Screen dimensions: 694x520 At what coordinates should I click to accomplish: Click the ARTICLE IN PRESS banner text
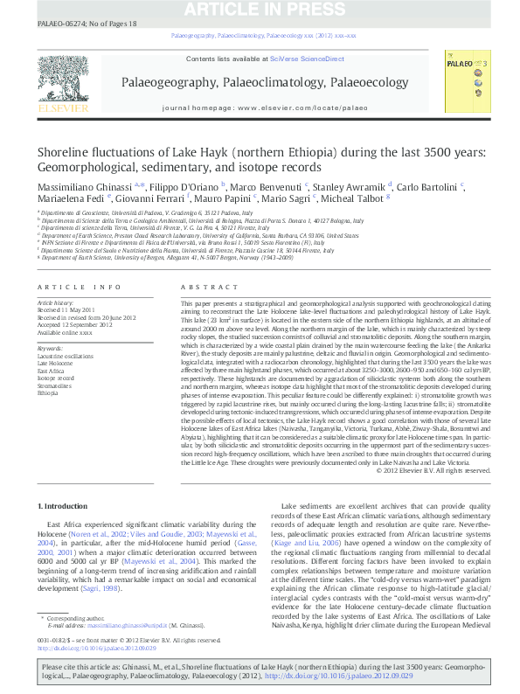260,9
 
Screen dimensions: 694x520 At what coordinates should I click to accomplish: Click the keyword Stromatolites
54,385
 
